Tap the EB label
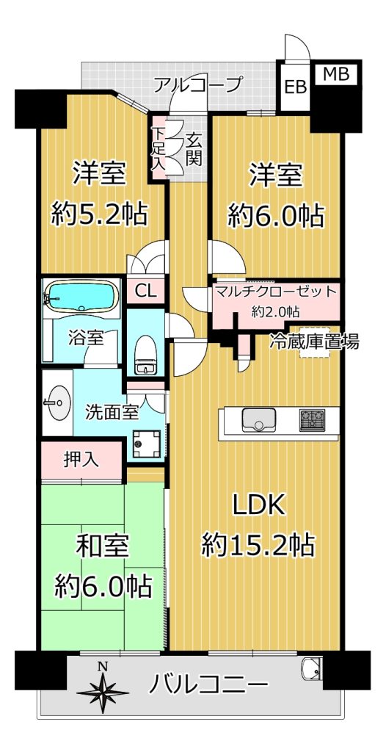[295, 88]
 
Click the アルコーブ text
[196, 85]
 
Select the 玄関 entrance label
[193, 149]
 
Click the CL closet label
[145, 292]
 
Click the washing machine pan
[146, 444]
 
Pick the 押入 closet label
[81, 460]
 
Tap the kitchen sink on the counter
[259, 420]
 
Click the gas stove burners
[312, 420]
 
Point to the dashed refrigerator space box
[315, 344]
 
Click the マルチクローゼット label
[276, 291]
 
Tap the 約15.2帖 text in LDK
[258, 544]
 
